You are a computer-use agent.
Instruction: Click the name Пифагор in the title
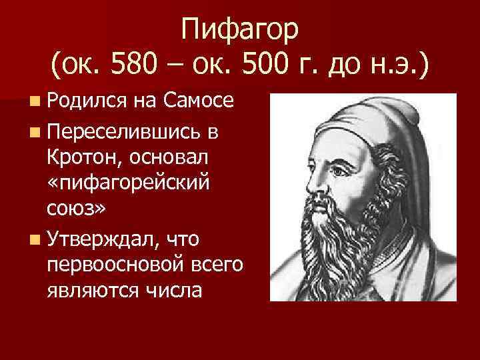point(241,30)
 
